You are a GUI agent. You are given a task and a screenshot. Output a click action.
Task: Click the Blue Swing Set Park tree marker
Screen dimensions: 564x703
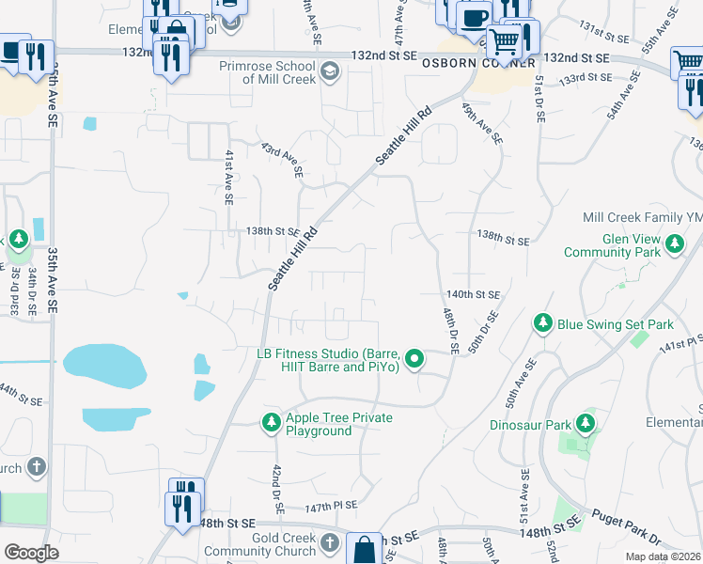[542, 323]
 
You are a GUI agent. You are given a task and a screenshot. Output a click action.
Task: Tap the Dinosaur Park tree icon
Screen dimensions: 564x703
[585, 424]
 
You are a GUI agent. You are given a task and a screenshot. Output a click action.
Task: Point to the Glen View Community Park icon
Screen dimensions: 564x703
[675, 245]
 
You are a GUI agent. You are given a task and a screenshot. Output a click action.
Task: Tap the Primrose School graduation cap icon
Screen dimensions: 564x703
[330, 72]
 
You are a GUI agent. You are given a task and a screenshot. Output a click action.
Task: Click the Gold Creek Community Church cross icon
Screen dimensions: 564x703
[329, 543]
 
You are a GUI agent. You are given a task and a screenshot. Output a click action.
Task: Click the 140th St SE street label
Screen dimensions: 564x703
[473, 294]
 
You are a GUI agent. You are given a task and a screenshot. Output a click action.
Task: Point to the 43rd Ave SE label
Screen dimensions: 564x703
[282, 161]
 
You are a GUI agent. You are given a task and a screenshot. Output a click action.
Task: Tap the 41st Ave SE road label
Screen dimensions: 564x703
[228, 177]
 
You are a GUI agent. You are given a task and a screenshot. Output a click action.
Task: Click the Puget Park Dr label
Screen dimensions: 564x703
[628, 525]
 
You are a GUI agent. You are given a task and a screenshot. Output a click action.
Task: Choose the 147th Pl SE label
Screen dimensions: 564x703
[331, 506]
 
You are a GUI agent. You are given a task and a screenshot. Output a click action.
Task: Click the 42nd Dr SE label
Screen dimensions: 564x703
[279, 489]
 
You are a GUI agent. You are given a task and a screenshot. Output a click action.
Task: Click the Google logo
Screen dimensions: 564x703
[31, 552]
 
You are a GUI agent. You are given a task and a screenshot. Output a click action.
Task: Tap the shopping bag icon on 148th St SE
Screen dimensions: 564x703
[365, 549]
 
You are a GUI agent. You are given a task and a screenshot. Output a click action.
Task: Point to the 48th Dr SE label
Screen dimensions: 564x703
[448, 329]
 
